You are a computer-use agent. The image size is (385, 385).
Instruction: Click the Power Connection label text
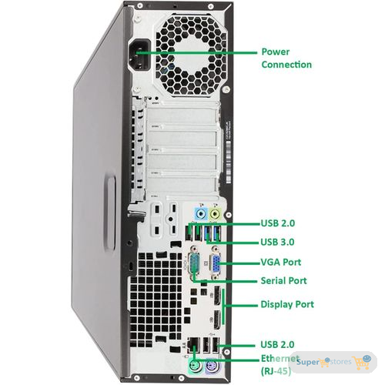[286, 58]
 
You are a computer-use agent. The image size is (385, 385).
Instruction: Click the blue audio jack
[201, 213]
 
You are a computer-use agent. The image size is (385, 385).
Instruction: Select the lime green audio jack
[215, 213]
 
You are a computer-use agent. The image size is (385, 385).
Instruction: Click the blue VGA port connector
[215, 264]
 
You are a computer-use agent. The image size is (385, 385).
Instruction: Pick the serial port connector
[195, 263]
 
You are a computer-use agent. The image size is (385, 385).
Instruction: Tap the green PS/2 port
[195, 365]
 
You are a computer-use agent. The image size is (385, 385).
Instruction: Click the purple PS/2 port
[213, 365]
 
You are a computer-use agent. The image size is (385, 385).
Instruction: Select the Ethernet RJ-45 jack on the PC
[193, 345]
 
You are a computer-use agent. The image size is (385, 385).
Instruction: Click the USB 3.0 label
[277, 242]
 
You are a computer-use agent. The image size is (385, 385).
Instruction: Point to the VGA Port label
[281, 262]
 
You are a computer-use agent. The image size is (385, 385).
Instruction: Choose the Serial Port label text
[283, 280]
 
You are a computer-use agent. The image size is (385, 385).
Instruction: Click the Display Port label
[287, 304]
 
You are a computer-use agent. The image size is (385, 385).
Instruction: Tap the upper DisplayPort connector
[217, 295]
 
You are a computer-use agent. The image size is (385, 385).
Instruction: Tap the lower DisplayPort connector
[217, 320]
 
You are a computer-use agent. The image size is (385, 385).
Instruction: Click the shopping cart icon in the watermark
[361, 362]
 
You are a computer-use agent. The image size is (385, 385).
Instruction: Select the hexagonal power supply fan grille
[192, 55]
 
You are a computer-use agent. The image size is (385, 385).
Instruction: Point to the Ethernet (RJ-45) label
[280, 365]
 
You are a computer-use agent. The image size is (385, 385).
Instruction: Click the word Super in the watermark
[308, 362]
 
